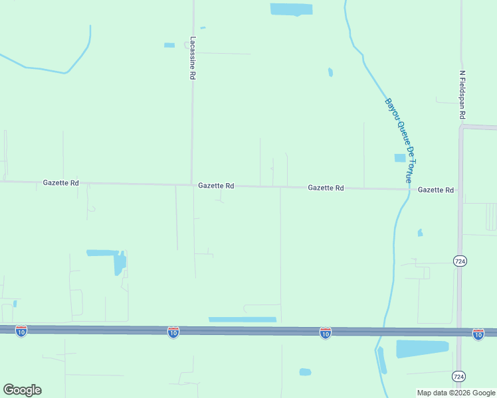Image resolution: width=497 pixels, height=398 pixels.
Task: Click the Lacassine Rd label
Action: (192, 58)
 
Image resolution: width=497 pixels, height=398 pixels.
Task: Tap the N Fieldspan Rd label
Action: (462, 96)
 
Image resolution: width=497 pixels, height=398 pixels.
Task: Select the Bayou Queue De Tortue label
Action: (399, 141)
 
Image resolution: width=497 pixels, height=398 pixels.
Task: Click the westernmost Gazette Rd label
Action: (61, 182)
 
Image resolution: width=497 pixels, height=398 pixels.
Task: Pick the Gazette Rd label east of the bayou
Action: (436, 190)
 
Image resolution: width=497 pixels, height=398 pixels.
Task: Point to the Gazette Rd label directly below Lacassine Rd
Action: (216, 186)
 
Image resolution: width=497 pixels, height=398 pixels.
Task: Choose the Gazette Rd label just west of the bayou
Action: (326, 188)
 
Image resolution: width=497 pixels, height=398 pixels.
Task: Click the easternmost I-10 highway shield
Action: (478, 334)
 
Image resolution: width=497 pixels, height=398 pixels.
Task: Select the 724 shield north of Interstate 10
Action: (460, 261)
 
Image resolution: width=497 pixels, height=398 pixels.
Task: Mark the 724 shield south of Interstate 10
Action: (459, 376)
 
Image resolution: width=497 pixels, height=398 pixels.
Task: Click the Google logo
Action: (22, 389)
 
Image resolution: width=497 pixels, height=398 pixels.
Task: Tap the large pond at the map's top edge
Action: (291, 9)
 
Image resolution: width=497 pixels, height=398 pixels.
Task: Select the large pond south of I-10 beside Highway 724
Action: (422, 348)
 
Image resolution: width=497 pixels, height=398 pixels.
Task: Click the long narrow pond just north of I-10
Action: (242, 320)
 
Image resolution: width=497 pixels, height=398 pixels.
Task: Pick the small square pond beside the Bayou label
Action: (399, 158)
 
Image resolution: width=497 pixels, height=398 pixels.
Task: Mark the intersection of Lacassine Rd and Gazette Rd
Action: (193, 185)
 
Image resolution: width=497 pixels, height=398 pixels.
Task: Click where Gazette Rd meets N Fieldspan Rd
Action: (460, 190)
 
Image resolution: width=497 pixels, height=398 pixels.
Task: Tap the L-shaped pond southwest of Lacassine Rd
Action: (117, 261)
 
